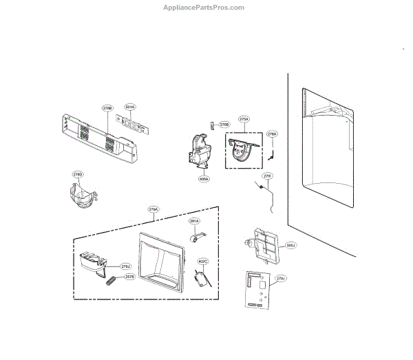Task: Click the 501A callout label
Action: [x=130, y=107]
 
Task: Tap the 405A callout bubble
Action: [x=204, y=179]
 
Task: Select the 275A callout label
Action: [x=244, y=119]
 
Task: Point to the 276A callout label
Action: [x=271, y=134]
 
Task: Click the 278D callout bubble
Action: [x=78, y=175]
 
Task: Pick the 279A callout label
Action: [x=153, y=209]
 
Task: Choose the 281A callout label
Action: [x=194, y=221]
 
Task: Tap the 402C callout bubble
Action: [x=203, y=262]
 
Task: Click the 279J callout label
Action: [x=125, y=266]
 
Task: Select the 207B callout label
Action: [x=129, y=277]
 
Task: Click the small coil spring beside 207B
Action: [x=112, y=279]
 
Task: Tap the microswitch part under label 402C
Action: [x=200, y=279]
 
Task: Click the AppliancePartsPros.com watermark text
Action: [x=206, y=8]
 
